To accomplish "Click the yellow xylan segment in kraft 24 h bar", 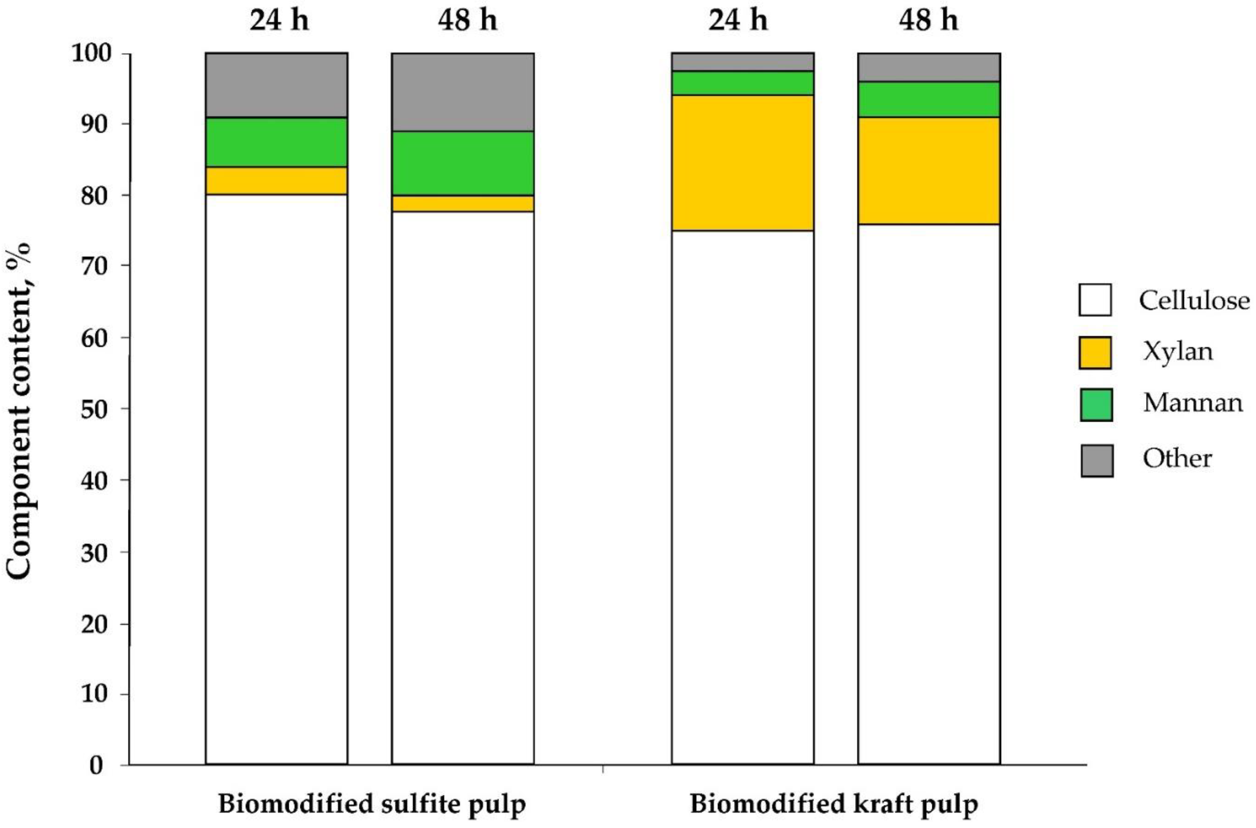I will (742, 162).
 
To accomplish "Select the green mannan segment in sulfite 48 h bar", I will (463, 163).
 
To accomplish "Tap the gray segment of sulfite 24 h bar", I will (276, 85).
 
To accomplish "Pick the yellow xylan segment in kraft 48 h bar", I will (929, 171).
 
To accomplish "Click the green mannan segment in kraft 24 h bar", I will (742, 83).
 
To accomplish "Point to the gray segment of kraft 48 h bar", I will (929, 67).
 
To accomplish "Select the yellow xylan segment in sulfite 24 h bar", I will (276, 180).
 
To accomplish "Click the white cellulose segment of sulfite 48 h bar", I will (463, 486).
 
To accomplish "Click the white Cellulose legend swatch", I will (1095, 300).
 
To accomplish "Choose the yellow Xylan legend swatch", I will (1095, 352).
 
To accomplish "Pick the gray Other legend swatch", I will (1097, 460).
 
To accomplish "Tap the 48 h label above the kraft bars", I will (929, 21).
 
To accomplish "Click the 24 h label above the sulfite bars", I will (279, 21).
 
